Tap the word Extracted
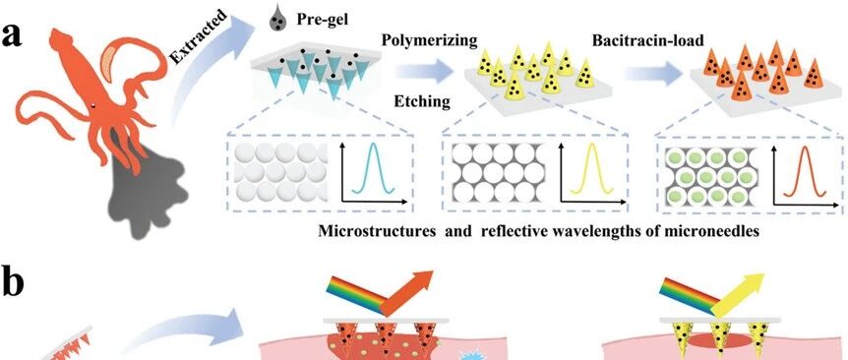200,35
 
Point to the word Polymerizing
430,39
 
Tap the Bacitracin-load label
648,40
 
